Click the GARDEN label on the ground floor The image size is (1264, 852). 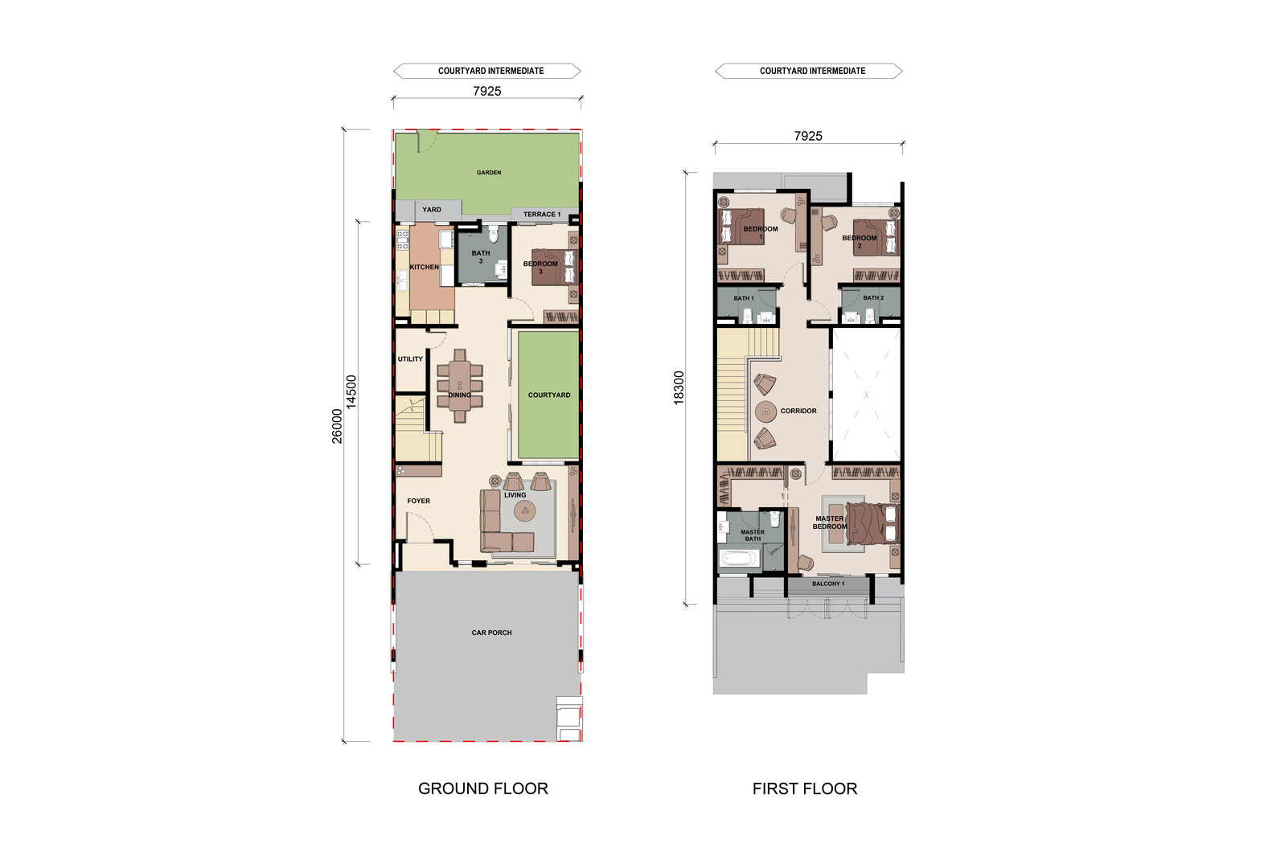489,173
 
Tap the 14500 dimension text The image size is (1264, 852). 351,392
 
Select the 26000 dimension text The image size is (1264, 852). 337,427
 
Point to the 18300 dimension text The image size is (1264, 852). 679,387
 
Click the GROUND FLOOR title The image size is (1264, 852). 483,789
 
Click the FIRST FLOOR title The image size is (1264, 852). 805,789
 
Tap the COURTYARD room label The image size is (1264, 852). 549,395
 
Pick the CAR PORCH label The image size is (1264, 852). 491,633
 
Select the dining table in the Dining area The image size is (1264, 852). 460,386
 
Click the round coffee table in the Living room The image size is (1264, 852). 525,510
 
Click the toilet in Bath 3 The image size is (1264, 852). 494,233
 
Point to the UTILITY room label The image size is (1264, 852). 410,358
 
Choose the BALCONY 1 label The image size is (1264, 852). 828,584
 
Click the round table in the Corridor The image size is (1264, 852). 765,412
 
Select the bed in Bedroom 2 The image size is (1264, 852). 875,237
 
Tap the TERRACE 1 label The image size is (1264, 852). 542,215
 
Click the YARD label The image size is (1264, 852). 432,209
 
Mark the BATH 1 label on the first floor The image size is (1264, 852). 744,298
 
